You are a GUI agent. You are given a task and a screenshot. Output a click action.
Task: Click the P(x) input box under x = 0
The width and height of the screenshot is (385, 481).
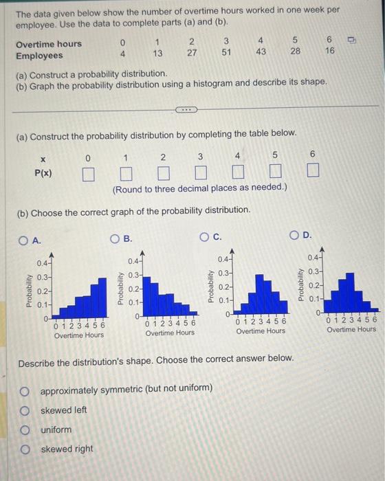point(88,171)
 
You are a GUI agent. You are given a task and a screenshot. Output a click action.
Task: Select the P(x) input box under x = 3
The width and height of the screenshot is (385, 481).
point(201,171)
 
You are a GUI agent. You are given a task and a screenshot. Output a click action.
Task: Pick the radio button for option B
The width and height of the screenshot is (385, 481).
point(116,239)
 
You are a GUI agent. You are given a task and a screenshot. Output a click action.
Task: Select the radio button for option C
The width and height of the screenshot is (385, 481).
point(205,238)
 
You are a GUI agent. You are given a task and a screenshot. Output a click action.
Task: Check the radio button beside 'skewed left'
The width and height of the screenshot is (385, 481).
point(25,410)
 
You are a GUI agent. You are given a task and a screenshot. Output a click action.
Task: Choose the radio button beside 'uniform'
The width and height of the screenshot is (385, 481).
point(25,430)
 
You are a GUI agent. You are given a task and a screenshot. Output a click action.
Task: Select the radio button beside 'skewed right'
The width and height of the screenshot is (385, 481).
point(25,449)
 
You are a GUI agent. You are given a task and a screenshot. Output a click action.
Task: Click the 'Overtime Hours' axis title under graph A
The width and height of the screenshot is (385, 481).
point(79,335)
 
